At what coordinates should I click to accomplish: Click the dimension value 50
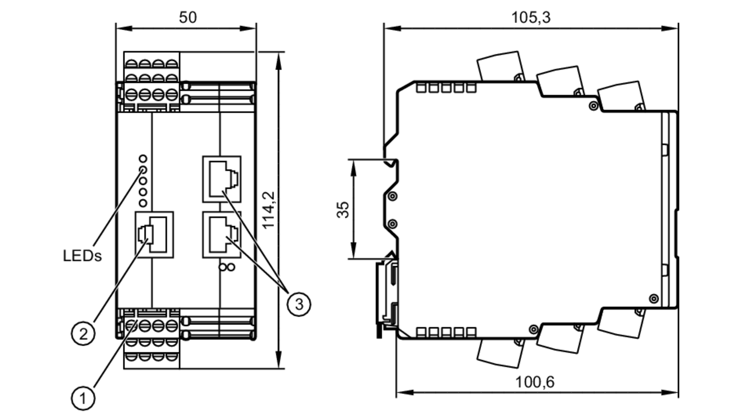tap(188, 17)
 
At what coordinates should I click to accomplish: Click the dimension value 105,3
tap(531, 17)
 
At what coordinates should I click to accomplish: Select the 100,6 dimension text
tap(535, 382)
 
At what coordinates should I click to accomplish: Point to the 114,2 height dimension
tap(269, 210)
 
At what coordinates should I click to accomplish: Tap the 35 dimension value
tap(343, 210)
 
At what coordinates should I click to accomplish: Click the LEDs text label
tap(82, 256)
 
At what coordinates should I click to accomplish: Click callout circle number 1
tap(83, 399)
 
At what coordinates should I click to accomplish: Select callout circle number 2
tap(83, 334)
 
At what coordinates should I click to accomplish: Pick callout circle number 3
tap(299, 305)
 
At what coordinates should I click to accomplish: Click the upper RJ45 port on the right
tap(222, 179)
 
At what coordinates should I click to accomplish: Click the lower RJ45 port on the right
tap(222, 235)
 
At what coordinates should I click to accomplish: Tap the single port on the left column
tap(154, 235)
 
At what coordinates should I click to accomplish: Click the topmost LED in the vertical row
tap(143, 159)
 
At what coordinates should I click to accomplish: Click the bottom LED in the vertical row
tap(143, 203)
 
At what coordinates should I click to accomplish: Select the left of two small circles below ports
tap(223, 267)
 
